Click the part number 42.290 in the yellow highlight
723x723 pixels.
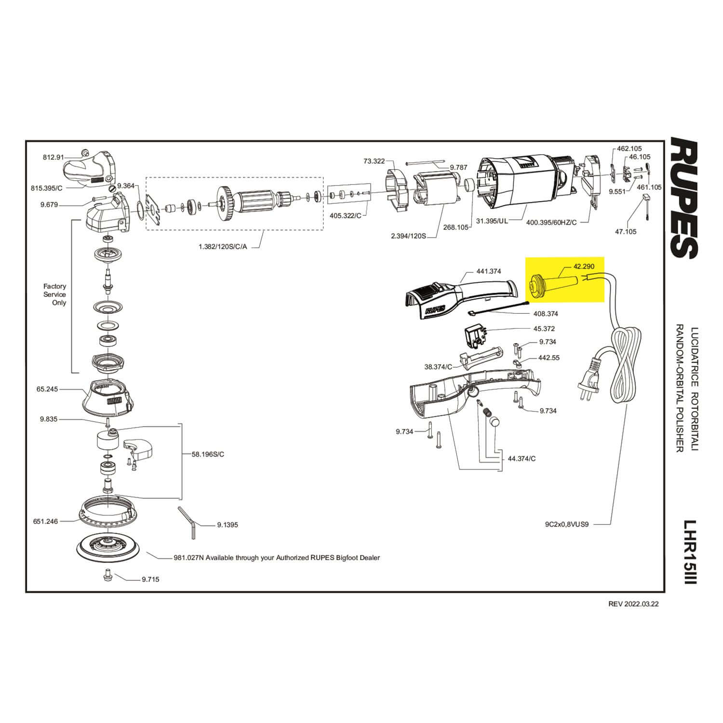tap(584, 266)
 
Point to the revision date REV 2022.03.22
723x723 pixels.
tap(633, 604)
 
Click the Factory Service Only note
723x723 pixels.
tap(55, 295)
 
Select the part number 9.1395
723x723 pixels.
tap(228, 525)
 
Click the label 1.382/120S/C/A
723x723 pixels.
tap(223, 246)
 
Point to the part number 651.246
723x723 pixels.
tap(45, 521)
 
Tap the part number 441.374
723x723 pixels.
tap(489, 271)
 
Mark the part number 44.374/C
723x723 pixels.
tap(522, 458)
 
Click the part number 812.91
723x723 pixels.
tap(53, 157)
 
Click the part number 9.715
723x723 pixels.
tap(150, 579)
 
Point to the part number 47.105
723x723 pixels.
tap(626, 231)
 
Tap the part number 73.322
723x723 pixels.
tap(374, 161)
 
